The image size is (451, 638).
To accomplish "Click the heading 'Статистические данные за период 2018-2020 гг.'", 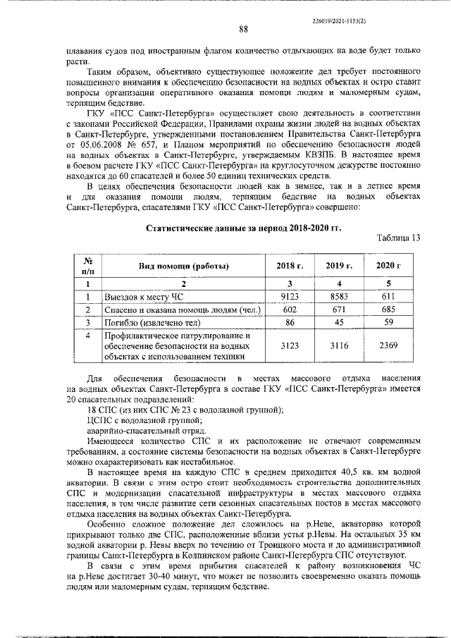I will [242, 227].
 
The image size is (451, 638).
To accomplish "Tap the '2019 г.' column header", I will [338, 265].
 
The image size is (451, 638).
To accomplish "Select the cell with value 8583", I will [338, 297].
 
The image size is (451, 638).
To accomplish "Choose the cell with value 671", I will [338, 310].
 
